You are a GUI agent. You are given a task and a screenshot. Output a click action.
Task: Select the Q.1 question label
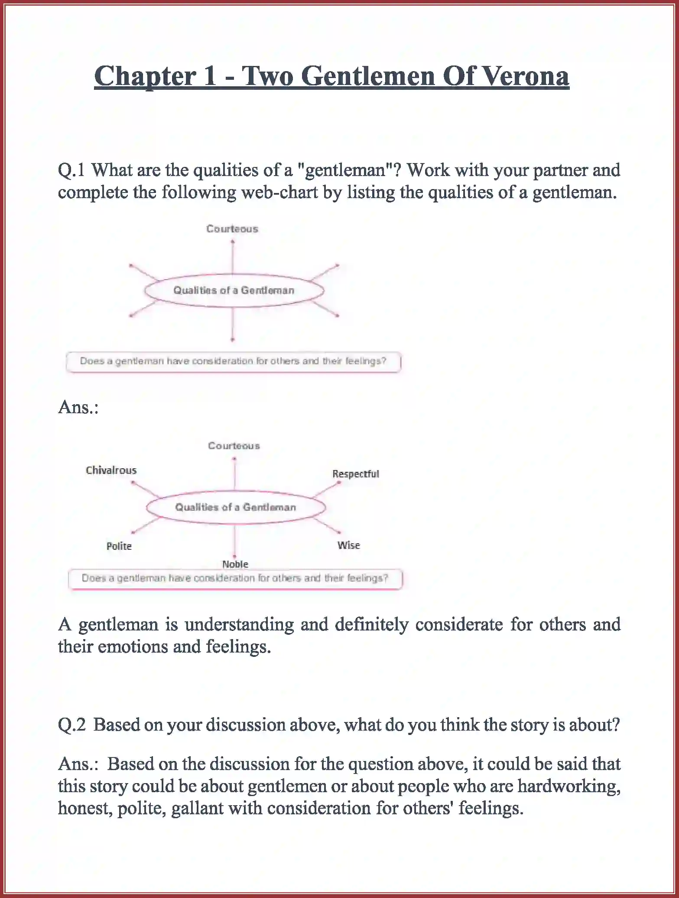coord(71,170)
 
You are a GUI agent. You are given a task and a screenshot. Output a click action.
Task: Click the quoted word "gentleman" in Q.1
coord(345,170)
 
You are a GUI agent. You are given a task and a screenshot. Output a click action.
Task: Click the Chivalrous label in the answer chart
coord(111,470)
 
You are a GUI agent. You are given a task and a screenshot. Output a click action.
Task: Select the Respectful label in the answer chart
coord(355,473)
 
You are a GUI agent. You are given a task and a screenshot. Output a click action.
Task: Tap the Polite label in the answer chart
coord(119,546)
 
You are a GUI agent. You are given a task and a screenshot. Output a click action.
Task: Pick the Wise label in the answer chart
coord(349,545)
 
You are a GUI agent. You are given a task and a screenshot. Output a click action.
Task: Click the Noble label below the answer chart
coord(235,564)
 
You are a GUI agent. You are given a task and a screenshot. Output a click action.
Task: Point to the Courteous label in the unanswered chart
coord(232,229)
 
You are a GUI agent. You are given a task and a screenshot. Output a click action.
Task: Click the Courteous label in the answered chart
coord(234,446)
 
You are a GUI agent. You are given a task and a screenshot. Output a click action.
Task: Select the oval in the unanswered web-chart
coord(234,291)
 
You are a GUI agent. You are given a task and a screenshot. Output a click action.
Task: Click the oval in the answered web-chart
coord(236,507)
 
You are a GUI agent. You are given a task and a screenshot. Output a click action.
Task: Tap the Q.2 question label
coord(71,725)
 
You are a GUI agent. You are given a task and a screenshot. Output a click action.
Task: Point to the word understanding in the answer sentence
coord(239,624)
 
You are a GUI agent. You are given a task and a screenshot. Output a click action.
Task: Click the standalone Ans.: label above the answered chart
coord(78,407)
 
